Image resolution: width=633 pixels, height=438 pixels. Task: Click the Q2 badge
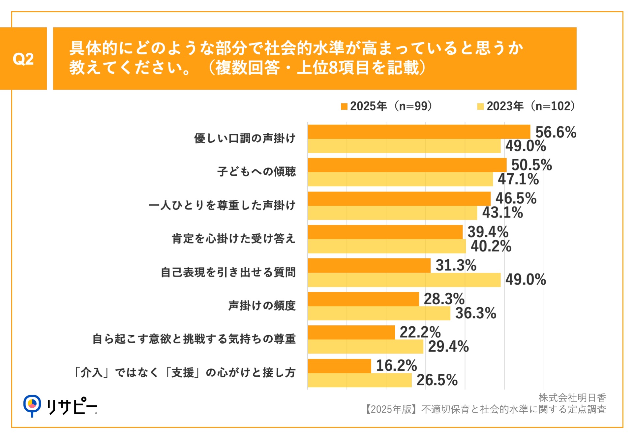(x=23, y=59)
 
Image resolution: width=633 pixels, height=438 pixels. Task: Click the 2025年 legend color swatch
(x=344, y=106)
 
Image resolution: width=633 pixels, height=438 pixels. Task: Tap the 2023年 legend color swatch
(x=480, y=106)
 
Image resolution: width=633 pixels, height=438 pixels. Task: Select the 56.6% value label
(x=556, y=132)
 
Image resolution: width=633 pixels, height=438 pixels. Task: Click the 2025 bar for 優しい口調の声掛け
(x=419, y=132)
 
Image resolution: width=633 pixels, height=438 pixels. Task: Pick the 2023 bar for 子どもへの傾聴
(x=400, y=179)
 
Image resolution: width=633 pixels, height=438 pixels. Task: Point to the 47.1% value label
(x=518, y=179)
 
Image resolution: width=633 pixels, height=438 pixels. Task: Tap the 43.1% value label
(x=502, y=213)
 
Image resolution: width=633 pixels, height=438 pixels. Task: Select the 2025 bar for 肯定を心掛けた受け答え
(x=385, y=232)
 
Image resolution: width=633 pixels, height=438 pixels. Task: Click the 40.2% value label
(x=491, y=246)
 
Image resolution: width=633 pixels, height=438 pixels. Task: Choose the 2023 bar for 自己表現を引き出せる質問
(x=404, y=280)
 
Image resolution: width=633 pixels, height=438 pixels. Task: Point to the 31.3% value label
(x=456, y=265)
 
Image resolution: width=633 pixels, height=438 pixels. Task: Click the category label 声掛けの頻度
(x=262, y=306)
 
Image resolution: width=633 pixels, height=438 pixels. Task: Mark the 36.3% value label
(x=475, y=313)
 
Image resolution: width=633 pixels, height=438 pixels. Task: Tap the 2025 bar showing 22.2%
(x=351, y=332)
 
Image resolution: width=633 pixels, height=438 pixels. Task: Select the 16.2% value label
(x=396, y=365)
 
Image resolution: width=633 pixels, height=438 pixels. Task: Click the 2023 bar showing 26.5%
(x=359, y=380)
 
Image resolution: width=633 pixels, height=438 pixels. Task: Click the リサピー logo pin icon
(x=32, y=405)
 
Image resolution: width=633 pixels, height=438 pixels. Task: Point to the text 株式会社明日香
(x=572, y=398)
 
